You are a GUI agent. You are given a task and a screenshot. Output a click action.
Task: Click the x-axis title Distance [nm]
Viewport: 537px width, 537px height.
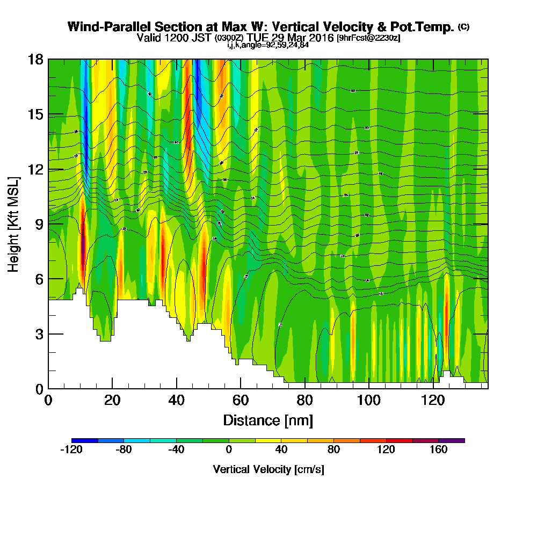[x=268, y=419]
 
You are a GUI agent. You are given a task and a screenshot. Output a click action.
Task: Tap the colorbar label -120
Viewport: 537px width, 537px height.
[x=71, y=450]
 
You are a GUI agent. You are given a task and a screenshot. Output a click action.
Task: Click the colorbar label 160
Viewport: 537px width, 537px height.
[x=439, y=450]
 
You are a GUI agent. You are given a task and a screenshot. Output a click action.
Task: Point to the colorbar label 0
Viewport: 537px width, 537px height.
[x=229, y=450]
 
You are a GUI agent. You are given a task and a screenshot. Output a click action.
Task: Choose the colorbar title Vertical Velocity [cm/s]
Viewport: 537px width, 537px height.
[x=268, y=469]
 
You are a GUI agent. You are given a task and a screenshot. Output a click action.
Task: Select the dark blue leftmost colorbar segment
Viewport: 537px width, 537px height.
[x=84, y=440]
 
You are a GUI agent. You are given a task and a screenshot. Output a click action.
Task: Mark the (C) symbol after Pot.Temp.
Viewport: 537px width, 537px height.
[x=463, y=27]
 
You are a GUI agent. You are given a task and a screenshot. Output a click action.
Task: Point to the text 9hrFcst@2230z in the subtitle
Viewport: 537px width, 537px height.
[x=368, y=38]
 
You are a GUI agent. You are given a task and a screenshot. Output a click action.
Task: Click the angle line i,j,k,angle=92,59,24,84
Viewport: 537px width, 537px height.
[x=267, y=45]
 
